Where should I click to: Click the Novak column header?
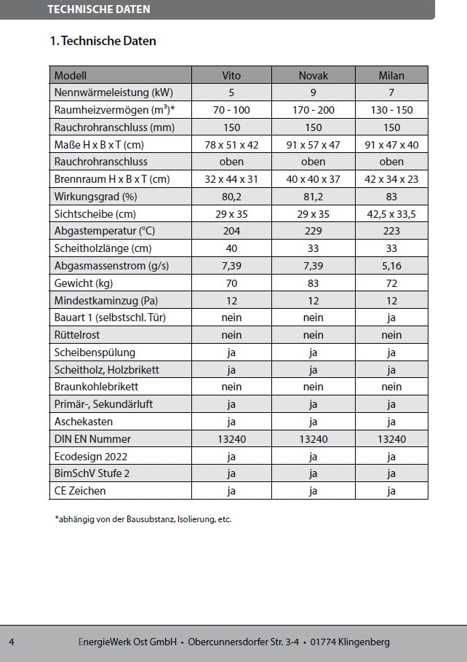(x=313, y=75)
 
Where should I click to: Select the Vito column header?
(x=231, y=75)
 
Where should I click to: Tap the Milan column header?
(x=391, y=75)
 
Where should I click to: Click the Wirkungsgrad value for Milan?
(x=391, y=197)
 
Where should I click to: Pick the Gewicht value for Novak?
(x=313, y=283)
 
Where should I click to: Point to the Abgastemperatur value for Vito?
(x=231, y=231)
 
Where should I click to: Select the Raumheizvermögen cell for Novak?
(x=313, y=110)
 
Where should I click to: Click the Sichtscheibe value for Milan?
(x=391, y=214)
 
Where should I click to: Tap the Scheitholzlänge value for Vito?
(x=231, y=248)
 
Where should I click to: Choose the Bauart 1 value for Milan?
(x=391, y=318)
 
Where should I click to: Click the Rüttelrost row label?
(x=77, y=335)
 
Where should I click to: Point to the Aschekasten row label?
(x=80, y=422)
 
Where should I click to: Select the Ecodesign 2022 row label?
(x=90, y=457)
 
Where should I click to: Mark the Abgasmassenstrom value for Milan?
(x=391, y=266)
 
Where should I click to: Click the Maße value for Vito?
(x=231, y=144)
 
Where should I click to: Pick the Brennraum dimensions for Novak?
(x=313, y=179)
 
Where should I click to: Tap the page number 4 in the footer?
(x=12, y=642)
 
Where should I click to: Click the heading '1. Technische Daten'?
(x=103, y=41)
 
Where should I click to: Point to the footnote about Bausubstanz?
(x=143, y=519)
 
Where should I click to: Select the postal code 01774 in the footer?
(x=324, y=642)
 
